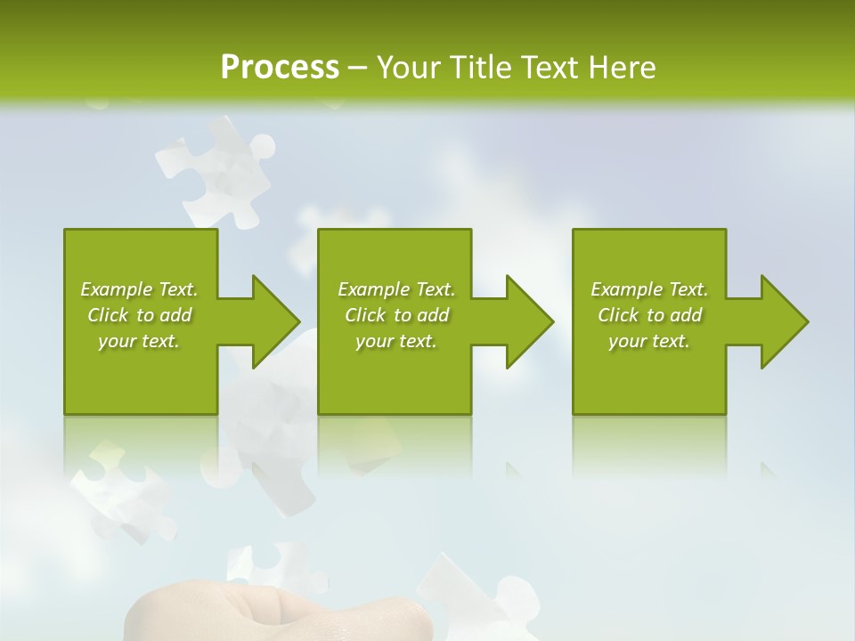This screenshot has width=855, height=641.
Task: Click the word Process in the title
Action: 280,68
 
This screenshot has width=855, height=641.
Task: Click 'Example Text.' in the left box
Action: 139,289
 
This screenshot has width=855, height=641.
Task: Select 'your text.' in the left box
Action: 139,341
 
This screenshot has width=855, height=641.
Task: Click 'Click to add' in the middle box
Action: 396,315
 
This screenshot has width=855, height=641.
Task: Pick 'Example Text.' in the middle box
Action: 396,289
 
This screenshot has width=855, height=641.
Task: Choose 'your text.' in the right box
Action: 649,341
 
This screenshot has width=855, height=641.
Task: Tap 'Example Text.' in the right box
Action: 649,289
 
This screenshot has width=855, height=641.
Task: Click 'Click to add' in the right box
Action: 649,315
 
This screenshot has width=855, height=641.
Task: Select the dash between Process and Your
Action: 358,68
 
